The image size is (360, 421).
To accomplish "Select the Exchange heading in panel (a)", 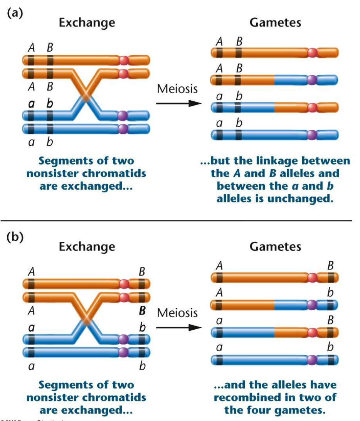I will pyautogui.click(x=87, y=22).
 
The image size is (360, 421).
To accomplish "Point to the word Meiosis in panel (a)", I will pyautogui.click(x=177, y=89).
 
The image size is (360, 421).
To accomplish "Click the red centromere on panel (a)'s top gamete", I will pyautogui.click(x=313, y=52).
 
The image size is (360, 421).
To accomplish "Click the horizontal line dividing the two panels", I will pyautogui.click(x=180, y=221).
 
